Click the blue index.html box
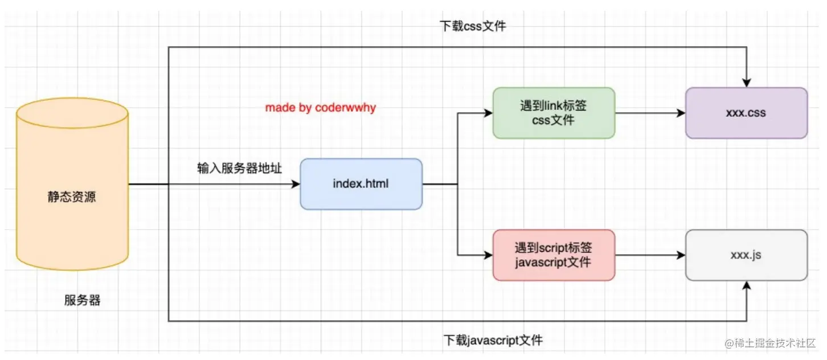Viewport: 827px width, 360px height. [361, 184]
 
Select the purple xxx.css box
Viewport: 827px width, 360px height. [746, 113]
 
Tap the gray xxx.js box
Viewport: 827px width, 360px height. [746, 255]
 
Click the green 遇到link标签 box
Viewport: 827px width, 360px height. [554, 113]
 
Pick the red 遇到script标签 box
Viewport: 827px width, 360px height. [554, 255]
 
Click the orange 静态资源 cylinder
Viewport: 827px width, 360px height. [72, 197]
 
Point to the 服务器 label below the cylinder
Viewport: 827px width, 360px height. [82, 301]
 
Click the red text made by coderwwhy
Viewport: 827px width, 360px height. [321, 108]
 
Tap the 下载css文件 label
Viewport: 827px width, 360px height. [473, 26]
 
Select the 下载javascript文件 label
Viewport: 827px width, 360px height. [493, 341]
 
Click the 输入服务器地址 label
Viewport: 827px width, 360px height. [240, 169]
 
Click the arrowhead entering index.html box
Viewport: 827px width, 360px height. [296, 184]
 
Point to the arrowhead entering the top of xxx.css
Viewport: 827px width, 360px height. [746, 83]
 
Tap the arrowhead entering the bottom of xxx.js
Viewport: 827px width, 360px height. [746, 285]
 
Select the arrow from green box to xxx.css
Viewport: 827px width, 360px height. [649, 113]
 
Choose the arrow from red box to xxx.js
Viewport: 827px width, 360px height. [649, 255]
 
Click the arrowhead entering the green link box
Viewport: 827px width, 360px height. [488, 113]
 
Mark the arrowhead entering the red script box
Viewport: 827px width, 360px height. [488, 255]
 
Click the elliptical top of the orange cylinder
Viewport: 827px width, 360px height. [72, 112]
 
